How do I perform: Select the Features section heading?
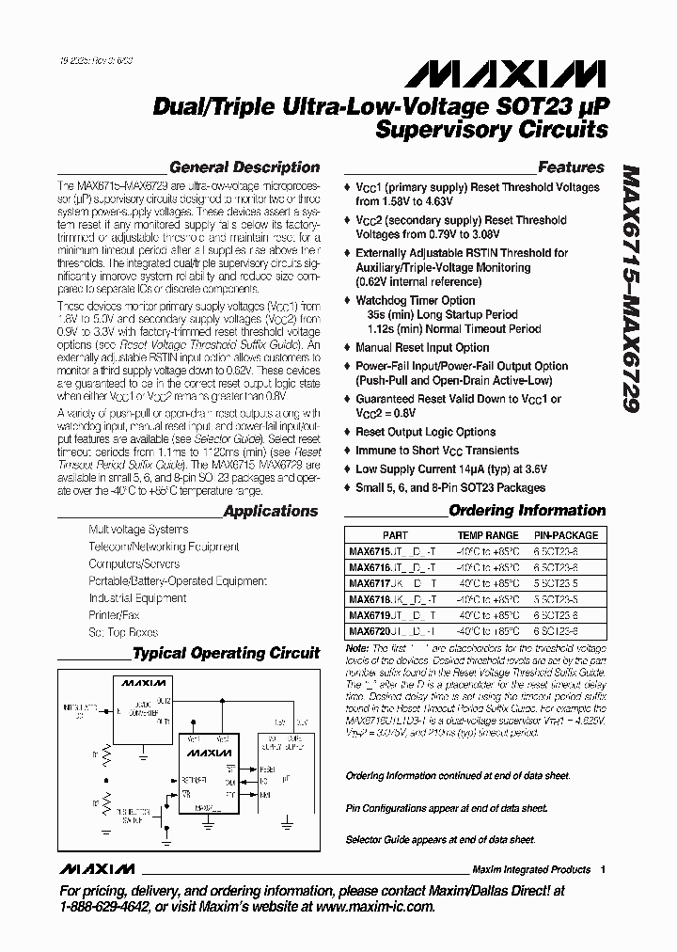571,167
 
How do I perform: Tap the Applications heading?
271,511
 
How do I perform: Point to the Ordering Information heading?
527,511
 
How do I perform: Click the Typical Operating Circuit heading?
226,653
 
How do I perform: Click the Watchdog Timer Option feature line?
415,301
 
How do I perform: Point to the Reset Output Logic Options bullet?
425,432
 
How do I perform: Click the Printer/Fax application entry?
113,615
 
